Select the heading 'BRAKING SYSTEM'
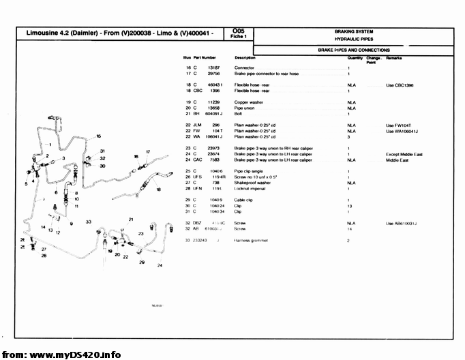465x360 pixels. pyautogui.click(x=353, y=31)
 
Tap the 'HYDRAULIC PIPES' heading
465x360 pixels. pyautogui.click(x=353, y=40)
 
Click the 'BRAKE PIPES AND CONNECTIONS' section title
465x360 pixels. pyautogui.click(x=353, y=50)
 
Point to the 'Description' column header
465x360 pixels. pyautogui.click(x=245, y=58)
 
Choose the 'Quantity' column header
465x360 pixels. pyautogui.click(x=355, y=58)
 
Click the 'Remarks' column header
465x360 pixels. pyautogui.click(x=394, y=58)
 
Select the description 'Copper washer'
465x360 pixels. pyautogui.click(x=249, y=102)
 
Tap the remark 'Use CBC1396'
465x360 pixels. pyautogui.click(x=400, y=85)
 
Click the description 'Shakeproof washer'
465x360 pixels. pyautogui.click(x=252, y=183)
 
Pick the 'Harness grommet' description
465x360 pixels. pyautogui.click(x=251, y=240)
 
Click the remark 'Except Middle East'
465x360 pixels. pyautogui.click(x=404, y=154)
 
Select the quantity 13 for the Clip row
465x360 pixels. pyautogui.click(x=349, y=205)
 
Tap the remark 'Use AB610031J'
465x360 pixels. pyautogui.click(x=402, y=223)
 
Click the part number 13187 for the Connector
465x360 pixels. pyautogui.click(x=213, y=68)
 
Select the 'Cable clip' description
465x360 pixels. pyautogui.click(x=244, y=199)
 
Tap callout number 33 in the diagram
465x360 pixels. pyautogui.click(x=89, y=222)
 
